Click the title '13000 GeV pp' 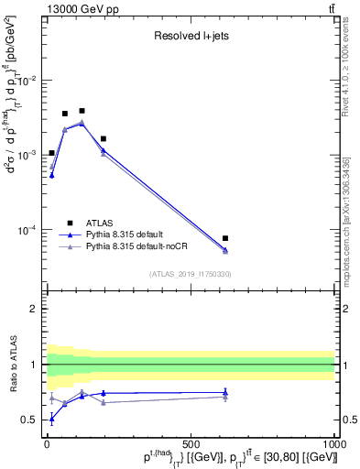tap(76, 9)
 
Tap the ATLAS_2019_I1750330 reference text tap(191, 273)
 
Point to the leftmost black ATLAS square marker tap(51, 153)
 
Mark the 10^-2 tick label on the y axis tap(27, 81)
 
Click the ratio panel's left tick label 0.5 tap(30, 420)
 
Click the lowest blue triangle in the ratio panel tap(51, 418)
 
